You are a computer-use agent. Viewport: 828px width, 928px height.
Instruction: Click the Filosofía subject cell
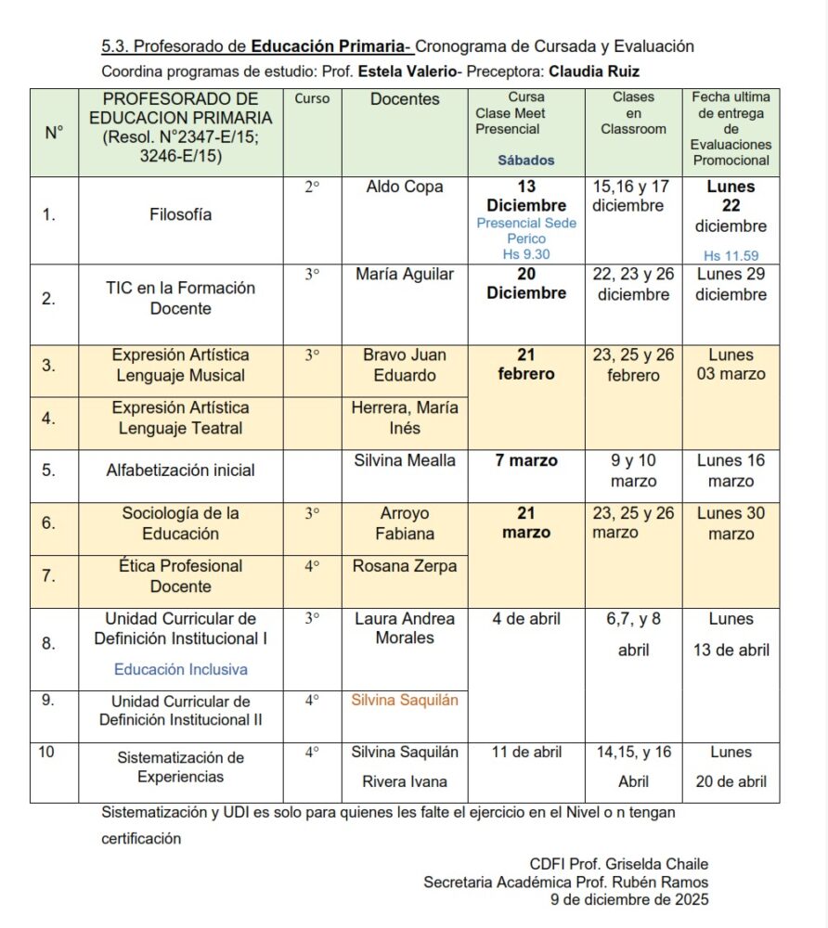[181, 214]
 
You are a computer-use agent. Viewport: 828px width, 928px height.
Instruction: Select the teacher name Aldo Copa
[405, 187]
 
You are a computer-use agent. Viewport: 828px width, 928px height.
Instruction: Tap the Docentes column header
[405, 99]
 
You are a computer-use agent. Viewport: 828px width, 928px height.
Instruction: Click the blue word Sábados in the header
[526, 160]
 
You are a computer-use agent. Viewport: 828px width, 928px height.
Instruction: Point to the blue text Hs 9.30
[526, 253]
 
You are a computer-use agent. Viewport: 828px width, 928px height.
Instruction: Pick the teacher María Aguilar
[405, 274]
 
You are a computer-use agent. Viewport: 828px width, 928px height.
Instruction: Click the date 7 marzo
[526, 461]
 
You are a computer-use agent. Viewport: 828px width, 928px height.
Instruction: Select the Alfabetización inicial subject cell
[180, 470]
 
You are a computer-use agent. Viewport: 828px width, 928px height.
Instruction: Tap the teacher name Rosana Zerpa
[405, 566]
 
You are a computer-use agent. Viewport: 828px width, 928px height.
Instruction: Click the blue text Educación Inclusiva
[181, 669]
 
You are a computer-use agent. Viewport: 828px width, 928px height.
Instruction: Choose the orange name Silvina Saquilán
[405, 700]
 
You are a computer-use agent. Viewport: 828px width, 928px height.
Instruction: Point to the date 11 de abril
[526, 752]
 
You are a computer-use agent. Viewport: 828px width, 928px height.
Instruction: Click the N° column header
[54, 133]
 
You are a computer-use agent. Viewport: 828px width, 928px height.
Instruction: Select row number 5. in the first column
[49, 470]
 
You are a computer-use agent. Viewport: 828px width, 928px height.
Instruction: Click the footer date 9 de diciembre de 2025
[629, 898]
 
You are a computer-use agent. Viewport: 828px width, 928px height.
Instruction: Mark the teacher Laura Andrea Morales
[405, 628]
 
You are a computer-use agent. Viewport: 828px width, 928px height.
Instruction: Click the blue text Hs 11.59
[731, 255]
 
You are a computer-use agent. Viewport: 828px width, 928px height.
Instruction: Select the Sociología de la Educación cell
[181, 523]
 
